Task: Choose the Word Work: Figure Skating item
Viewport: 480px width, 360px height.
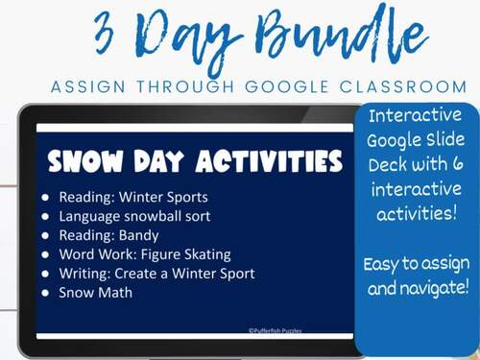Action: (x=144, y=254)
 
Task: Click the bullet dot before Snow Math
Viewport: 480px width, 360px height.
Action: (x=48, y=293)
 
